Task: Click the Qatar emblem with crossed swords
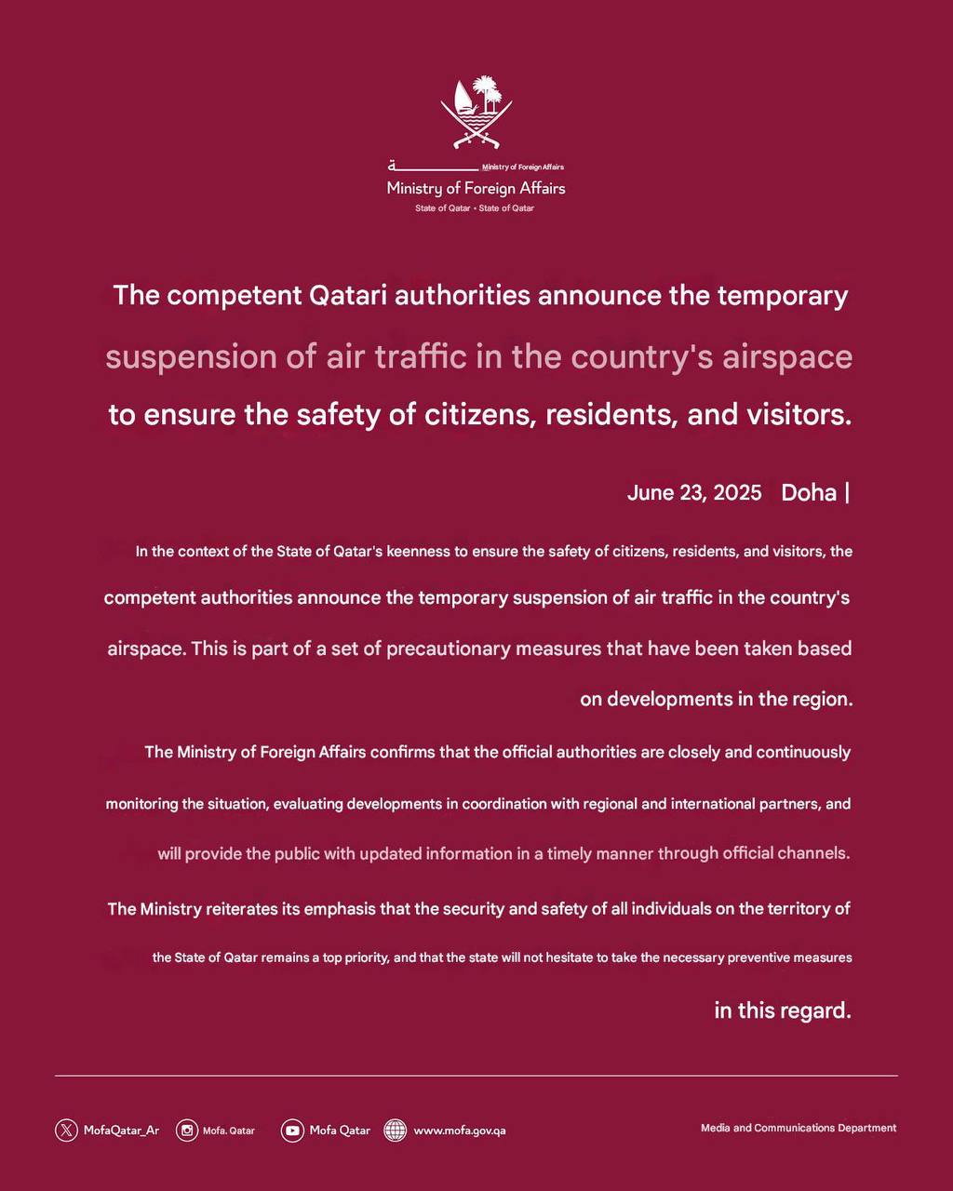tap(476, 114)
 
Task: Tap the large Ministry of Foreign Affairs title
tap(476, 188)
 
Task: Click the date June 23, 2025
tap(694, 492)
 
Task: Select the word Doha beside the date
tap(809, 492)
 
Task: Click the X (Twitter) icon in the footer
tap(66, 1131)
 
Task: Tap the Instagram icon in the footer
tap(187, 1131)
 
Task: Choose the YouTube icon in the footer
tap(292, 1131)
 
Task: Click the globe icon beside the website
tap(396, 1131)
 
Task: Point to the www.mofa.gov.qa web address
tap(460, 1131)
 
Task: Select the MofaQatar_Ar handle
tap(121, 1131)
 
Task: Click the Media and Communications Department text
tap(799, 1128)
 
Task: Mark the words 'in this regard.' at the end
tap(783, 1010)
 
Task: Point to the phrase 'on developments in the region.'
tap(716, 699)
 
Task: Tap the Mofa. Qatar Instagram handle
tap(229, 1131)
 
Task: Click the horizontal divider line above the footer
tap(476, 1076)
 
